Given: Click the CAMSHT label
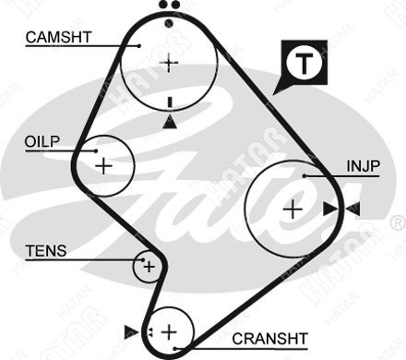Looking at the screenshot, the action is point(59,37).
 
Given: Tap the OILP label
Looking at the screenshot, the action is point(42,142).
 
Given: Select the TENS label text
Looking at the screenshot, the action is point(46,251).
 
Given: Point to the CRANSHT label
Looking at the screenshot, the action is point(269,339).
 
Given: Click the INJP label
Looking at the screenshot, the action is point(364,166).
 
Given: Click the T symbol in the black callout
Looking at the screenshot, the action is point(304,64).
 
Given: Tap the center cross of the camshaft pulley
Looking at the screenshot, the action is point(169,63).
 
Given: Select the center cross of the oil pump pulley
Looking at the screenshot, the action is point(104,166).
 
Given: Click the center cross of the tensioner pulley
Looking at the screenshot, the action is point(149,267).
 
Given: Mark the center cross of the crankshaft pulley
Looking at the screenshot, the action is point(169,331).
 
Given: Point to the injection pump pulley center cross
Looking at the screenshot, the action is point(293,210).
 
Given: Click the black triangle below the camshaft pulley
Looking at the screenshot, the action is point(170,122).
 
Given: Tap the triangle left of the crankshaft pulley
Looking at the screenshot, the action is point(131,331).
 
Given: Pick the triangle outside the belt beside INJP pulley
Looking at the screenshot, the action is point(353,209).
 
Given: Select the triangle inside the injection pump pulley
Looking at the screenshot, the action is point(329,209).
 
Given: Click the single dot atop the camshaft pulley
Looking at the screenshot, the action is point(169,23).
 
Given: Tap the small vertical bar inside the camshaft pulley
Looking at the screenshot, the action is point(170,102).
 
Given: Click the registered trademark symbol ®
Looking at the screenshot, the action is point(399,223).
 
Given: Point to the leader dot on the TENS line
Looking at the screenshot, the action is point(143,260).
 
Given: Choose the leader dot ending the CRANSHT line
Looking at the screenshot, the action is point(174,349).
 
